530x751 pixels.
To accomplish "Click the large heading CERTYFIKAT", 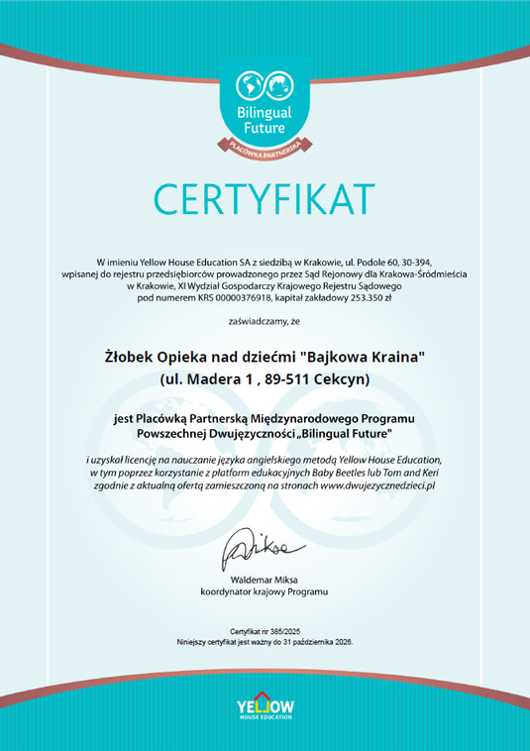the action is coord(265,198).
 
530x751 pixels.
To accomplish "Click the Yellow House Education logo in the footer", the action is coord(265,706).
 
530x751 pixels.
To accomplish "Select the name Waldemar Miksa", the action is coord(265,579).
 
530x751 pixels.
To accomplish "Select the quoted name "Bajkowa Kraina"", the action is coord(363,355).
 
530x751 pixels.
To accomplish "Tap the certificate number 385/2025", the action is coord(286,630).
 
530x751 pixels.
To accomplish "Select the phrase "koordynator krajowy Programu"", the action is coord(265,591).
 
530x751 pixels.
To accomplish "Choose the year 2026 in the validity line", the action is coord(341,642).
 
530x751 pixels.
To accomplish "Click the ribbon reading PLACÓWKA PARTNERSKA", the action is coord(265,146).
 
